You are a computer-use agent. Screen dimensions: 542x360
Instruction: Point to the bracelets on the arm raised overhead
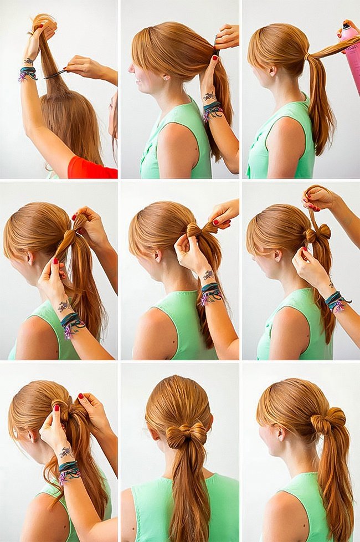point(27,74)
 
